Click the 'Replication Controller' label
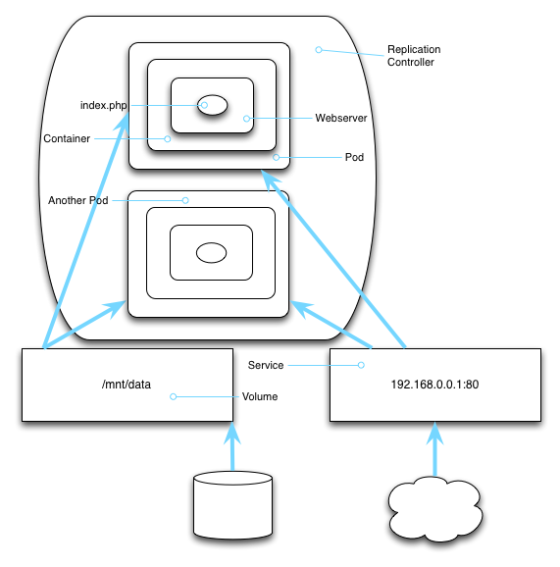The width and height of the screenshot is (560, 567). coord(414,56)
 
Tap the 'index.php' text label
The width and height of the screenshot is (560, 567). coord(103,105)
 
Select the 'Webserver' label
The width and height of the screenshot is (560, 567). coord(341,118)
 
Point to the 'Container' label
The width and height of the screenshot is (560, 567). coord(67,138)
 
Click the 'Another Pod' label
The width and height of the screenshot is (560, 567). coord(78,200)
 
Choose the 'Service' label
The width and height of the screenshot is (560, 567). coord(266,365)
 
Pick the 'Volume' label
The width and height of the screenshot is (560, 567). coord(260,396)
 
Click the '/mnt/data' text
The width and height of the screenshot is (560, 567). coord(127,384)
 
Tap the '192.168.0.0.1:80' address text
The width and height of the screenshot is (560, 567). coord(434,384)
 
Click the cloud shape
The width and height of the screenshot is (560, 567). coord(435,509)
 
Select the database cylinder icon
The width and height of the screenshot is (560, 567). coord(232,505)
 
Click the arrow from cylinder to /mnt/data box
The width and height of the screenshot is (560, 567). coord(232,446)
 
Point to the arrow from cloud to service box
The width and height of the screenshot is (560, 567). coord(434,448)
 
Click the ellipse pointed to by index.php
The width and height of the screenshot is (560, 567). coord(212,105)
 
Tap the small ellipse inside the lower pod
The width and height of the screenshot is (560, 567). coord(212,252)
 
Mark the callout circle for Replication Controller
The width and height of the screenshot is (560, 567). coord(319,50)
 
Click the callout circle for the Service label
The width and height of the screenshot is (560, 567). coord(361,365)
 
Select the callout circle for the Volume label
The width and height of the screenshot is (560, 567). coord(174,396)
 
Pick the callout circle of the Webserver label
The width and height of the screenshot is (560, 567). coord(246,119)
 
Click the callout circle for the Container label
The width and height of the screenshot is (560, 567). coord(168,139)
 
